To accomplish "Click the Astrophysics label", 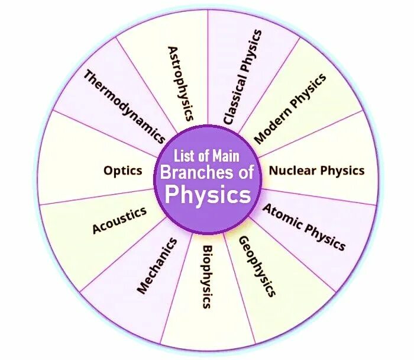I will click(x=180, y=83).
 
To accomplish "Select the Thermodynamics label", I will click(x=124, y=107).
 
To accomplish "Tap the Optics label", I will click(x=123, y=171).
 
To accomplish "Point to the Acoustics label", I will click(x=119, y=220).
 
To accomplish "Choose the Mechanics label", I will click(x=157, y=266).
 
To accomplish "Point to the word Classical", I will click(x=231, y=102).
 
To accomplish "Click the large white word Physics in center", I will click(x=208, y=194).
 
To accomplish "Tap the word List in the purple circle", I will click(x=183, y=156).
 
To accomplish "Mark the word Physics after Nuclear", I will click(x=343, y=171).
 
